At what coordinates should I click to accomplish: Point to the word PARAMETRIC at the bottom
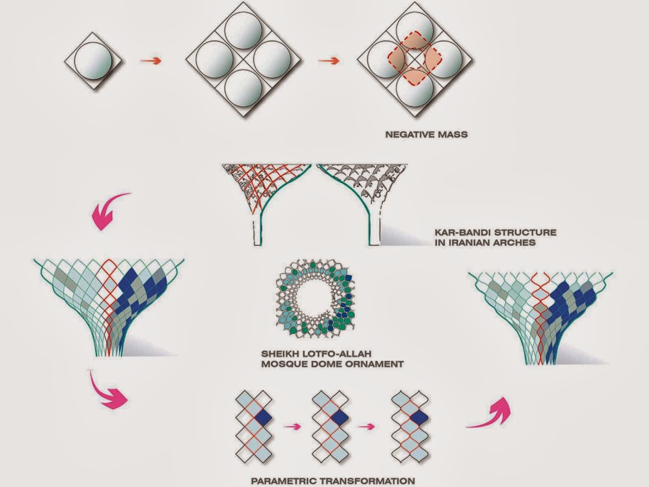[281, 481]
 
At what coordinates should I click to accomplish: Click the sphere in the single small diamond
[94, 60]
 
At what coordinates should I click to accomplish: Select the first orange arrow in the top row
[150, 61]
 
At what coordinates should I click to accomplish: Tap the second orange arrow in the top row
[329, 61]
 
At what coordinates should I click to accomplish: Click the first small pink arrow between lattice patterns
[293, 427]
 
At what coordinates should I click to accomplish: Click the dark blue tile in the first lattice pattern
[263, 417]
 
